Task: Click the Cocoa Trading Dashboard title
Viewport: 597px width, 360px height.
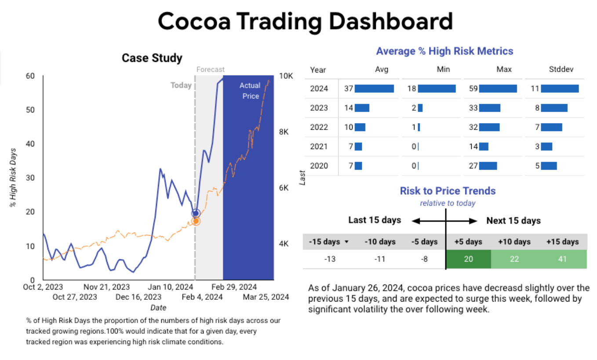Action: (x=306, y=21)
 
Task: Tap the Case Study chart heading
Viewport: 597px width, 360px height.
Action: (x=152, y=58)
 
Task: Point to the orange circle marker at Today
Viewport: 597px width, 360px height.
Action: (x=196, y=221)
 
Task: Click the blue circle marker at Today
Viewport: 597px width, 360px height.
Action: (x=196, y=213)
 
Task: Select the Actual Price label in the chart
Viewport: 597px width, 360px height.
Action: (x=250, y=91)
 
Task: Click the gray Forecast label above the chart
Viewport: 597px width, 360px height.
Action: (x=210, y=69)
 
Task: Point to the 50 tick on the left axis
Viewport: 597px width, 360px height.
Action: (x=30, y=110)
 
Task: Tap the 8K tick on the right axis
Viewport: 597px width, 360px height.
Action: (x=284, y=132)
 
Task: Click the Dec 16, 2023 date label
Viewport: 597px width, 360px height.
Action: (x=138, y=297)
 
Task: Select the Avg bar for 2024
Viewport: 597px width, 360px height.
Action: (x=374, y=88)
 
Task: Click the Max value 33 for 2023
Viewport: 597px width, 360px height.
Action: (x=473, y=108)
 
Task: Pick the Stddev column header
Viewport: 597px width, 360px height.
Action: (x=561, y=69)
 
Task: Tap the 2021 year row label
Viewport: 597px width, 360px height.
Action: (x=319, y=146)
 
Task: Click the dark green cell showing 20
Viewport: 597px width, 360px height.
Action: (x=469, y=259)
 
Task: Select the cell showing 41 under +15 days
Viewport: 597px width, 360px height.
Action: (x=562, y=259)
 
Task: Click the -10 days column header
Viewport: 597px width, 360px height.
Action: (x=380, y=242)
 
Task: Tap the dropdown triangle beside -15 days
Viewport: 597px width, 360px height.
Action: (x=346, y=242)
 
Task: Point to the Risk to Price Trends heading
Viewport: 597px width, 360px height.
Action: (x=448, y=191)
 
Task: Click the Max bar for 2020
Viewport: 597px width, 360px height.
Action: (x=488, y=166)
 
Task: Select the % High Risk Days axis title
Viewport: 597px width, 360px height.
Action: (x=13, y=178)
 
